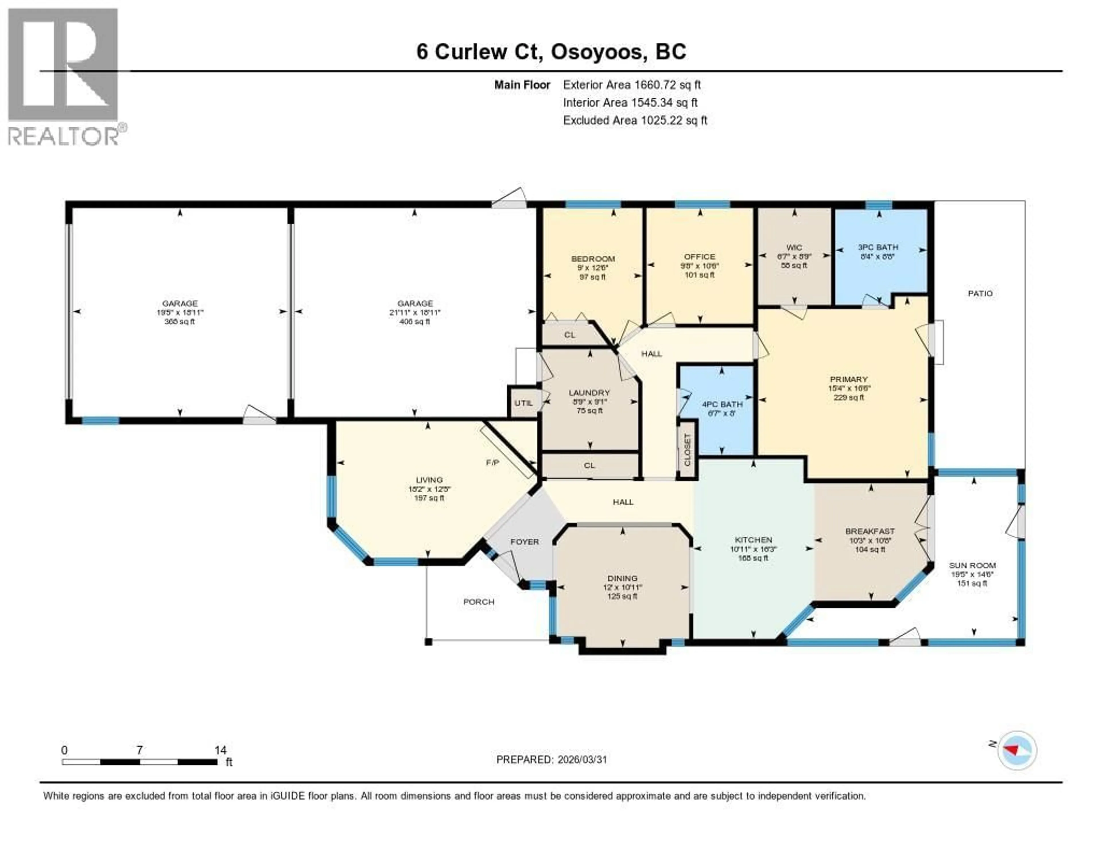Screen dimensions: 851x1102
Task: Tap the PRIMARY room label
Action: click(849, 379)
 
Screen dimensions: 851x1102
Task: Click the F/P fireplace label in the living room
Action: click(492, 462)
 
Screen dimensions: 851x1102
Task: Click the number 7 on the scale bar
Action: click(139, 750)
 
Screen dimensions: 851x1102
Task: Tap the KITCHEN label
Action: click(753, 539)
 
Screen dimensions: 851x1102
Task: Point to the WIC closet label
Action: click(794, 247)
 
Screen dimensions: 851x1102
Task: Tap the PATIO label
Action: click(980, 293)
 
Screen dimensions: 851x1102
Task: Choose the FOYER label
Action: click(525, 541)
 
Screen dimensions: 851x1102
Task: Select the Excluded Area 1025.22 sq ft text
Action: click(635, 120)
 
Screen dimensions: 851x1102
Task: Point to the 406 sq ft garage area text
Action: click(415, 321)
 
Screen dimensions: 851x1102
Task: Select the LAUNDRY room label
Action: click(589, 393)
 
